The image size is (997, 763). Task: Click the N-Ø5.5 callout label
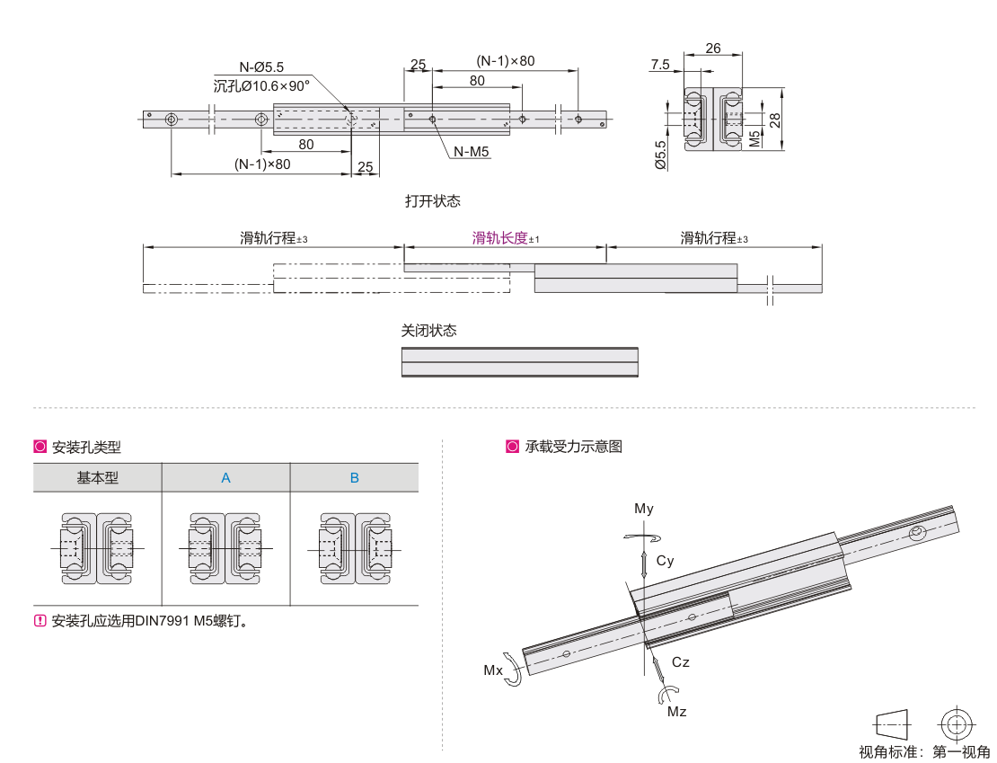click(x=261, y=67)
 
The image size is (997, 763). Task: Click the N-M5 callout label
click(x=471, y=152)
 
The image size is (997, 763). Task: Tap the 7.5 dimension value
click(x=660, y=64)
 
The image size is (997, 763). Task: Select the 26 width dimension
click(x=713, y=49)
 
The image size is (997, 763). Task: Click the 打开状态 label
click(x=432, y=201)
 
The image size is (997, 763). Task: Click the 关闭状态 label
click(x=428, y=331)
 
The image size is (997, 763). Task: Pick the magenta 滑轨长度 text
click(x=500, y=238)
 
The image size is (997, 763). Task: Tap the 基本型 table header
click(x=97, y=478)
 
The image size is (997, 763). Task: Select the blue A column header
click(x=226, y=478)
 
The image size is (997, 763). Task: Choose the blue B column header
click(x=355, y=478)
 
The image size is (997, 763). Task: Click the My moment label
click(x=644, y=509)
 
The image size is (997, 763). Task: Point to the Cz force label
click(x=681, y=662)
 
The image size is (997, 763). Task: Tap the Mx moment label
click(x=493, y=670)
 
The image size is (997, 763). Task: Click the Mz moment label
click(x=676, y=712)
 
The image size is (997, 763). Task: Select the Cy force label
click(x=665, y=561)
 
